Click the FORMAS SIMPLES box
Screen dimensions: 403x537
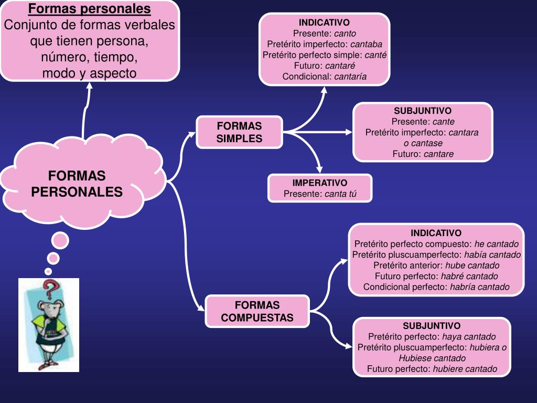pos(239,132)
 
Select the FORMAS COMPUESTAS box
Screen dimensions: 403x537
pos(257,311)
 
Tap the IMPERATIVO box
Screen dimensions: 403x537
pos(320,188)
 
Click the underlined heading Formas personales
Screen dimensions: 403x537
pos(89,9)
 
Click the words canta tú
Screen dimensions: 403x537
pos(340,194)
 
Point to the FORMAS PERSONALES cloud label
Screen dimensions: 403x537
pos(77,184)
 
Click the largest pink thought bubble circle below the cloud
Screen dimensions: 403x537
pos(60,241)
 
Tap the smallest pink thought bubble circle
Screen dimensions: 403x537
pos(48,271)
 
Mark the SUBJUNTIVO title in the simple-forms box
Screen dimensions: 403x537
pos(423,111)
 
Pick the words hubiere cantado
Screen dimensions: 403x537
pos(465,369)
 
